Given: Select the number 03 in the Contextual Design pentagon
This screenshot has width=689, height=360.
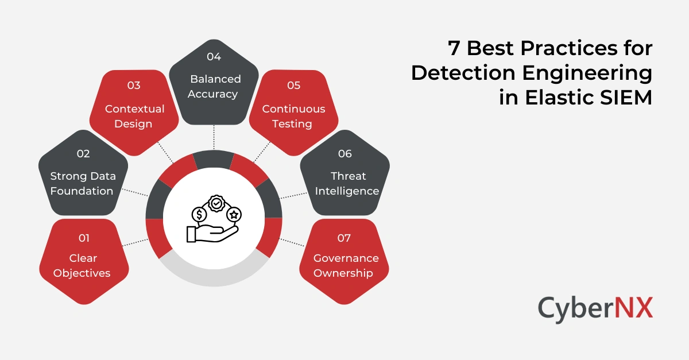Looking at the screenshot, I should coord(134,86).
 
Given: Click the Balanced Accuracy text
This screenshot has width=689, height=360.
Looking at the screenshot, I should coord(213,86).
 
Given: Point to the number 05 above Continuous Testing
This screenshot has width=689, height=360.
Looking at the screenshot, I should coord(293,86).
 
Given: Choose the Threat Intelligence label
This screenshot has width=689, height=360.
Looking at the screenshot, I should coord(347,184).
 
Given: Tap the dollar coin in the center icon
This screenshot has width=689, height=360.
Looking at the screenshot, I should coord(199,215).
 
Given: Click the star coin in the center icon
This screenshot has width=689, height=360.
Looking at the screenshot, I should coord(234,214).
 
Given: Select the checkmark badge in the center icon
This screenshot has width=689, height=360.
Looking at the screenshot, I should coord(216,203).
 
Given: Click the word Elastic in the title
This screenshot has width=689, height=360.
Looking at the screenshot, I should coord(560,97).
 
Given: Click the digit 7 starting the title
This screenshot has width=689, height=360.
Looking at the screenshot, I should coord(454,49).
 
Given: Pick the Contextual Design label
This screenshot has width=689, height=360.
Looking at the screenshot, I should coord(134,116).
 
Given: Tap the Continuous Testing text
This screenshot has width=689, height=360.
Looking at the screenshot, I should coord(293,116).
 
